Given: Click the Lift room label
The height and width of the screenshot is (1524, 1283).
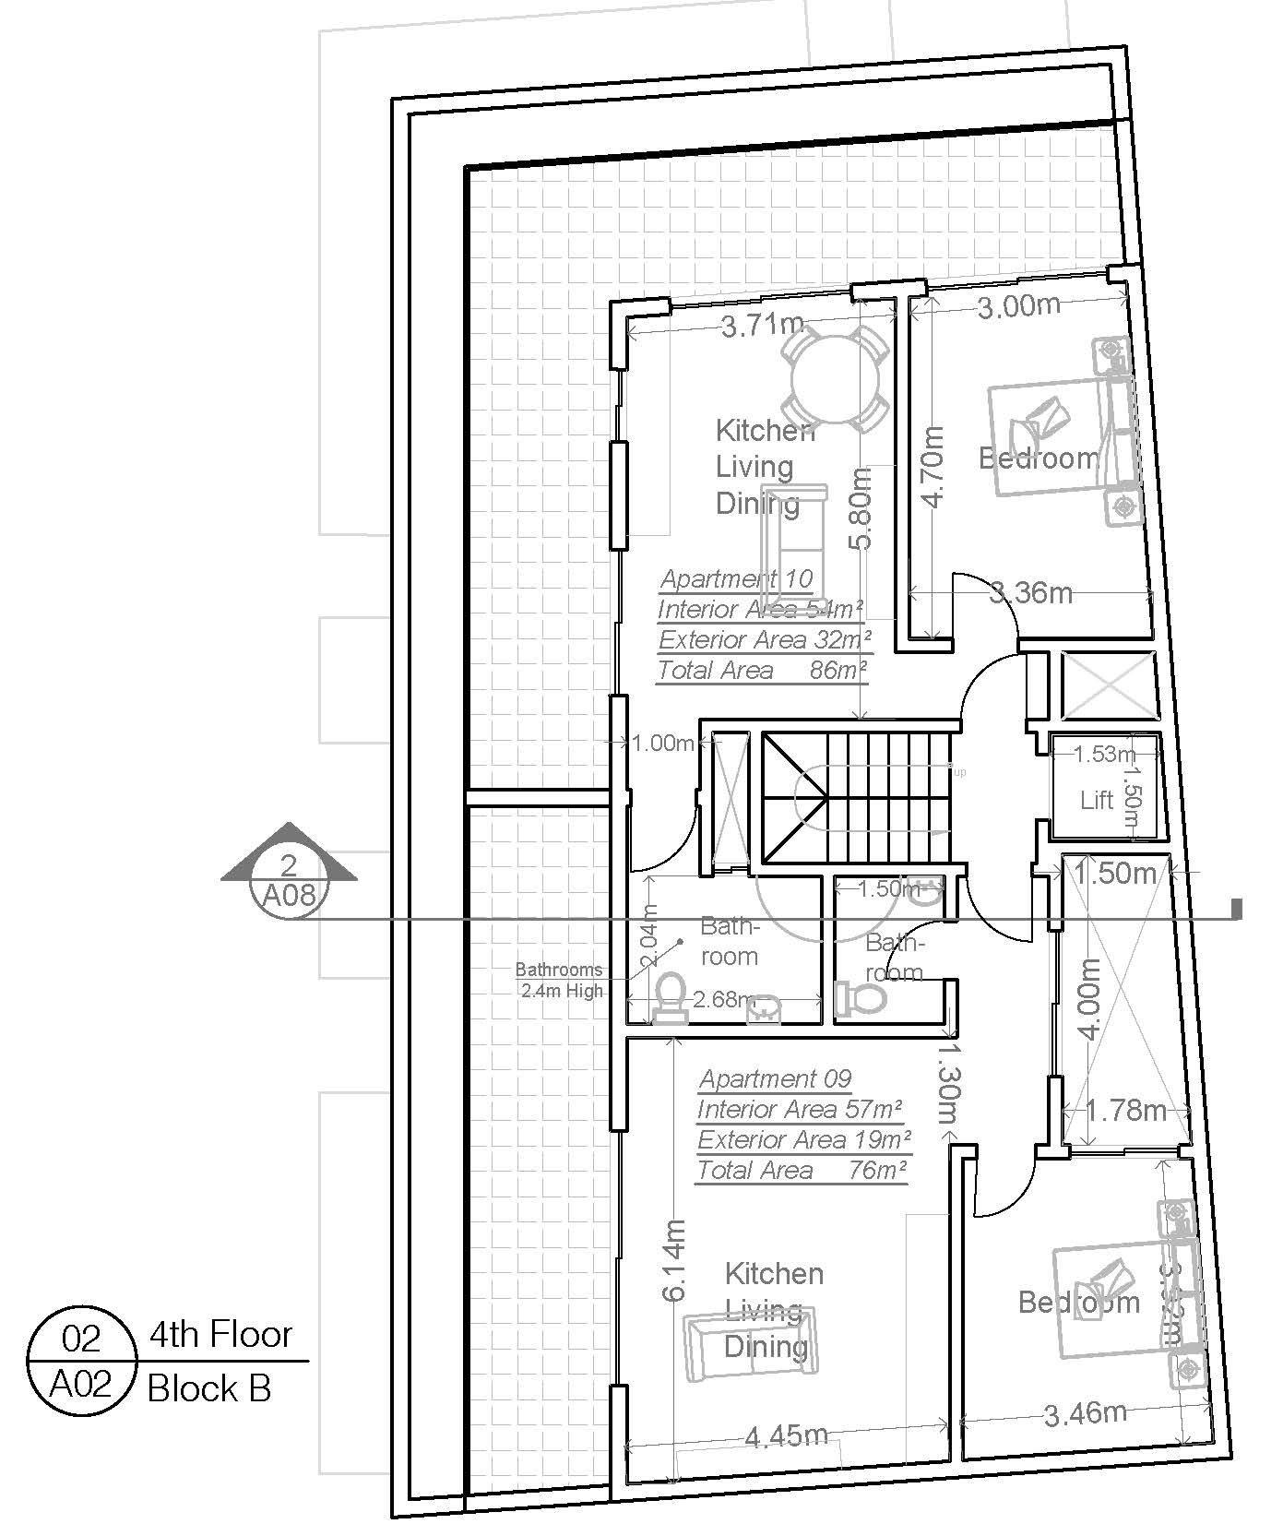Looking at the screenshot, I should pos(1097,799).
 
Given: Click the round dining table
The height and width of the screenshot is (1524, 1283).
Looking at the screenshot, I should pos(833,377).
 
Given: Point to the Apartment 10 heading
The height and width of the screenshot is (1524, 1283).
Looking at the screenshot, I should pos(736,579).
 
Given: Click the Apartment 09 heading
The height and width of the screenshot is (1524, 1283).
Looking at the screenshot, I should pos(775,1078).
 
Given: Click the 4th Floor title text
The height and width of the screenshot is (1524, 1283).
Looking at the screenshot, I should pos(220,1335).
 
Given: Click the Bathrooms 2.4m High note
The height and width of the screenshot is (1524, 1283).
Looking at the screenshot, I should pos(559,980).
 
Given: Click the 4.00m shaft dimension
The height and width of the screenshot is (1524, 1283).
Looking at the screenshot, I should pos(1089,999).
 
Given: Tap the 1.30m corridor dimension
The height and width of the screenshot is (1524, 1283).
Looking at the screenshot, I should pos(950,1078).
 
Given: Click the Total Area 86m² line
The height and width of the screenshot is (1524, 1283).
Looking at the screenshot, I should pos(762,671).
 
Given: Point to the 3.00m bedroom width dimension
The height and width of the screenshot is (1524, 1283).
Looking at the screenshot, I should pos(1018,307).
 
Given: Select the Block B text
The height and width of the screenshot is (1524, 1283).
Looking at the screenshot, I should pos(209,1388).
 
